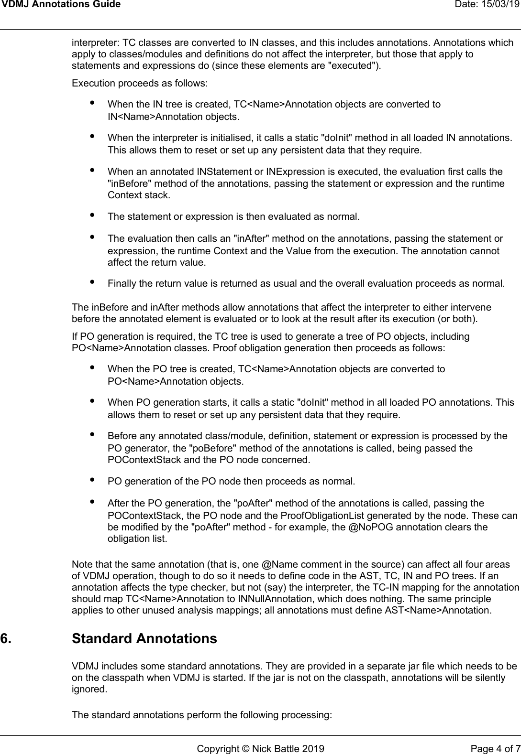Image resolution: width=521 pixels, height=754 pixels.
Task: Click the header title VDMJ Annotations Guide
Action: pos(60,5)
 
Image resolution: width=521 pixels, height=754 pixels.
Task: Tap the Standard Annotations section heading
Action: pos(144,638)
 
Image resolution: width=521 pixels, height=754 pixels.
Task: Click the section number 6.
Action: pos(7,638)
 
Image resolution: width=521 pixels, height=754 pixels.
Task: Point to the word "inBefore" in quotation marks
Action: pos(126,183)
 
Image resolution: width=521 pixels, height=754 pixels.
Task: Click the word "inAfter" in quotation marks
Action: pos(252,238)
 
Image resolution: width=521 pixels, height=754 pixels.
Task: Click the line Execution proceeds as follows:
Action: pos(140,83)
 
